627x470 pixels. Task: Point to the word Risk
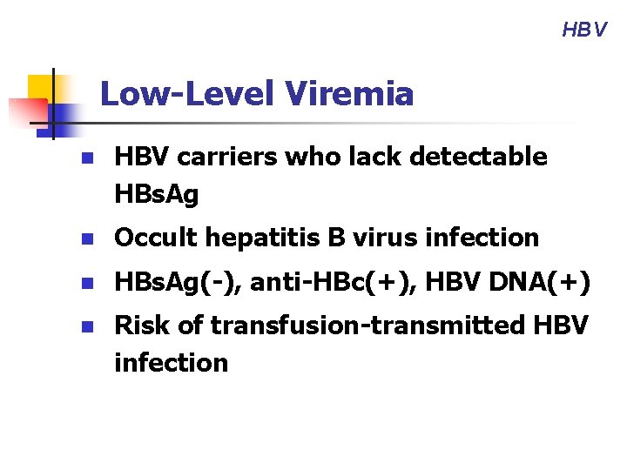[141, 326]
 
